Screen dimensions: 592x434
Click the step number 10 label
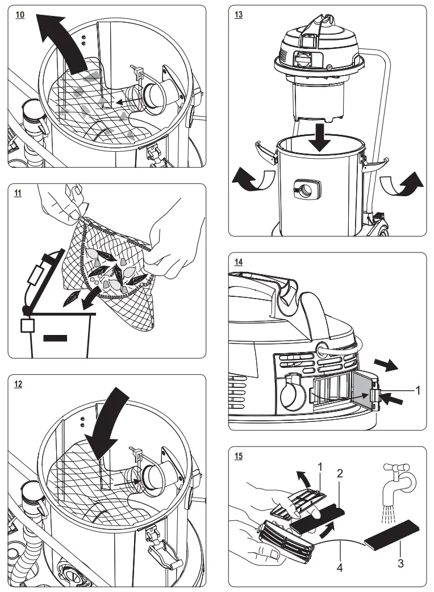pyautogui.click(x=20, y=15)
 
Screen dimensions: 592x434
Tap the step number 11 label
pyautogui.click(x=19, y=193)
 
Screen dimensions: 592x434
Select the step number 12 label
pyautogui.click(x=19, y=384)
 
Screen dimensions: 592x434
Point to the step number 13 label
pyautogui.click(x=239, y=15)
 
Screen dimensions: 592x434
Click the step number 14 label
pyautogui.click(x=239, y=262)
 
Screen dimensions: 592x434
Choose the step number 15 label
pyautogui.click(x=239, y=456)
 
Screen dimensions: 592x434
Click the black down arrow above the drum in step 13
pyautogui.click(x=321, y=136)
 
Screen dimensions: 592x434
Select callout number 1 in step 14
pyautogui.click(x=419, y=391)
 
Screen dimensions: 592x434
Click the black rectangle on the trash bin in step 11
pyautogui.click(x=55, y=338)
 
